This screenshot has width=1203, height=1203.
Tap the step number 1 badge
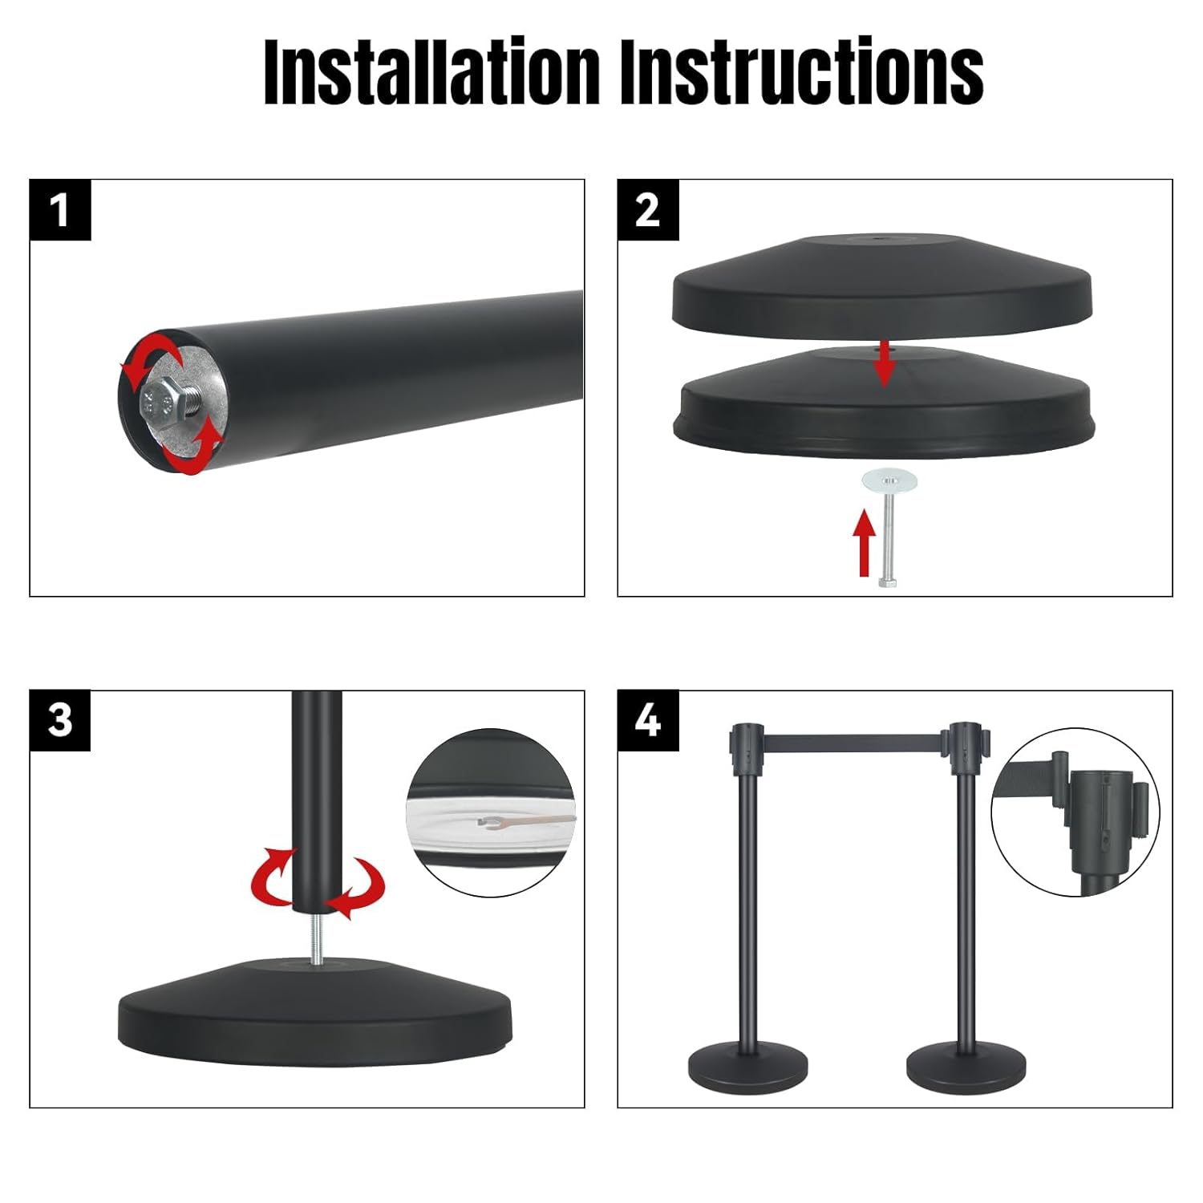tap(60, 210)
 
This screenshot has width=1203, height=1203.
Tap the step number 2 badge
tap(647, 210)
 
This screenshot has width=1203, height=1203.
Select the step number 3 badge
tap(60, 720)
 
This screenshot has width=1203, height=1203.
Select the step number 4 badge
tap(647, 720)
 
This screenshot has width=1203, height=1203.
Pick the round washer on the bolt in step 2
tap(889, 482)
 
